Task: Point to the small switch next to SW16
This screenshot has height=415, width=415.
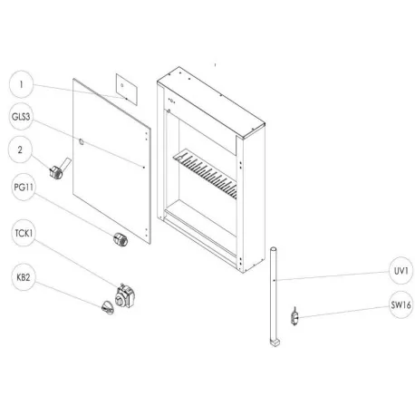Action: (x=294, y=316)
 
